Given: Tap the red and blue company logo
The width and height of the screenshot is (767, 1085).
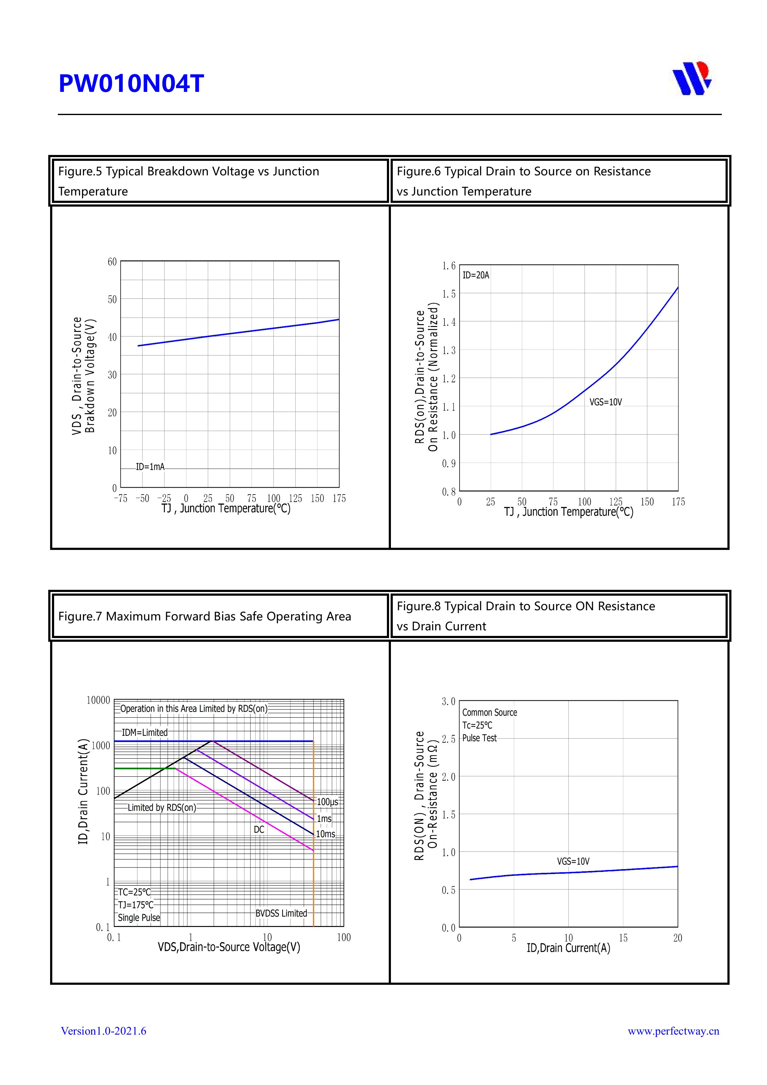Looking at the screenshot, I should coord(692,78).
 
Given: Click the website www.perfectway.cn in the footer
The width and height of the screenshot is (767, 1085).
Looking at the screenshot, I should coord(673,1031).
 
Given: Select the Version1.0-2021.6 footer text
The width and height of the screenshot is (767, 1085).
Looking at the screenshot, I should coord(104,1031).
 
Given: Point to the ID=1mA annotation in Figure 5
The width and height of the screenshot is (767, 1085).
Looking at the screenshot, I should coord(150,467).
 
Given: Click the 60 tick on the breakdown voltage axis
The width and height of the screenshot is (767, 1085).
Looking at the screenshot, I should coord(112,262).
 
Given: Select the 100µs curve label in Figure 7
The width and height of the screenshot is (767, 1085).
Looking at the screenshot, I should coord(327,802).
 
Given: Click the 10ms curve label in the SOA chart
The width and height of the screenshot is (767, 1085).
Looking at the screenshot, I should coord(325,834).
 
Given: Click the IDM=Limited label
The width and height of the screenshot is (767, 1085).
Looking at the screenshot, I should coord(145,732).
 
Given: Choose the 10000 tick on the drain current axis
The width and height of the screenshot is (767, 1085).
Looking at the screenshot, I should coord(98,700).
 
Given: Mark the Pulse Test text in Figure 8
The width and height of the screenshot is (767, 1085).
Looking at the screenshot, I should coord(479,738).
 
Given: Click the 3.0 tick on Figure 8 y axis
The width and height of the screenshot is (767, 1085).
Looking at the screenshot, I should coord(448,702).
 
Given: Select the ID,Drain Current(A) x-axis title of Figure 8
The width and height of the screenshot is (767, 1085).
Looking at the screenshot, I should coord(568,948).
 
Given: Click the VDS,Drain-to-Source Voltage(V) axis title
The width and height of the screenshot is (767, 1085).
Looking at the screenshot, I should coord(229,947).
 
